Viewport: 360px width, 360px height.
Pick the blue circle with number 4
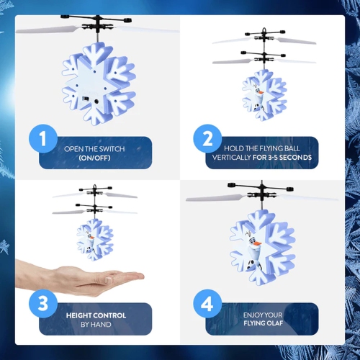pos(207,304)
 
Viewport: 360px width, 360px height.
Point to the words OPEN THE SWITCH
pos(94,149)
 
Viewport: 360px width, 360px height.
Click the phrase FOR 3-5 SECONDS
pos(282,157)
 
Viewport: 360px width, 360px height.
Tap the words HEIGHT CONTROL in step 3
pos(96,315)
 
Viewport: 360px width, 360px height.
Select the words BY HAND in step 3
pos(96,325)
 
